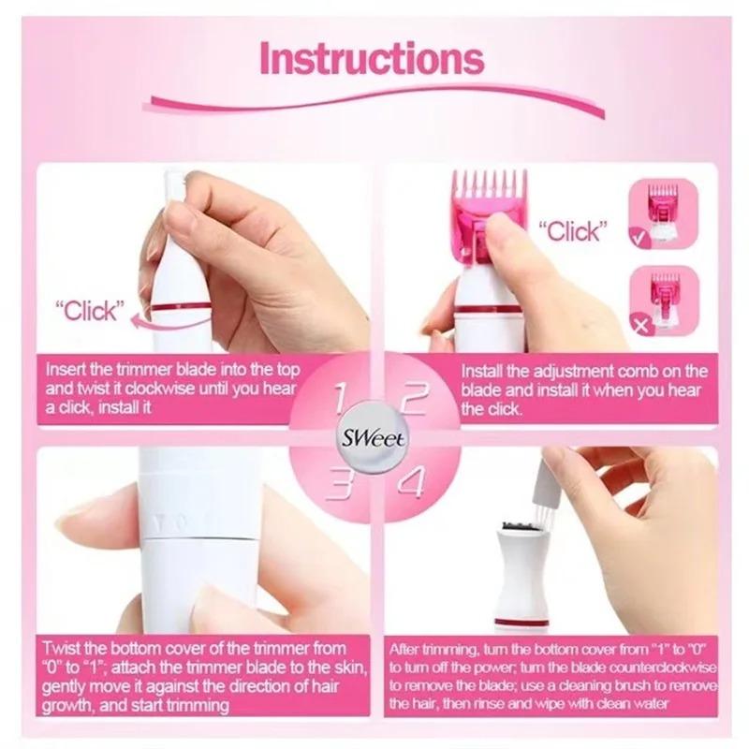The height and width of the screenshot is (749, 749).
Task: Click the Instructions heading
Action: coord(372,58)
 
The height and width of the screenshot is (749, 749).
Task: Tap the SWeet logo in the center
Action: coord(374,436)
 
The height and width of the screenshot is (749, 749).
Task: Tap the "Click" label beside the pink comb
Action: coord(572,230)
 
